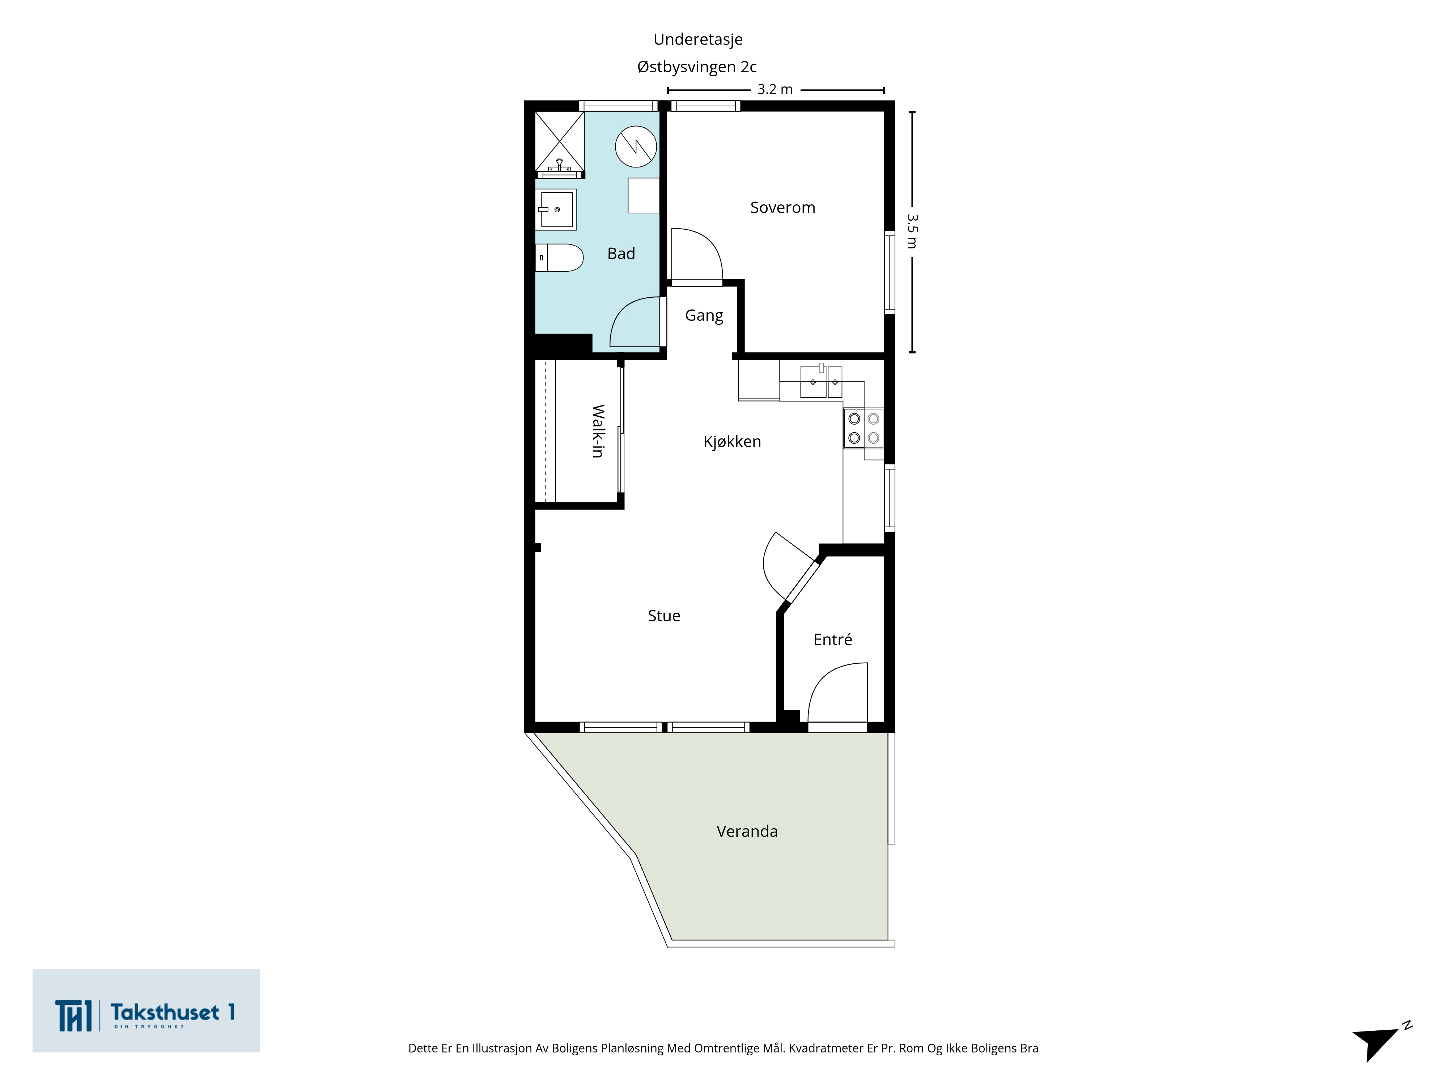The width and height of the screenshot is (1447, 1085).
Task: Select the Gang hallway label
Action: [x=704, y=316]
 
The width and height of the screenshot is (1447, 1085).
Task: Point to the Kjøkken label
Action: [x=732, y=442]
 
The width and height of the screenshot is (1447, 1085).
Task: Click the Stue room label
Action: [x=664, y=616]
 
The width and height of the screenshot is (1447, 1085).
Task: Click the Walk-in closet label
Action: [x=598, y=431]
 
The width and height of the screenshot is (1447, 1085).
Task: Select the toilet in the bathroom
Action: [x=559, y=258]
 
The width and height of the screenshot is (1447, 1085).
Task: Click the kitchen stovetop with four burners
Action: [x=863, y=428]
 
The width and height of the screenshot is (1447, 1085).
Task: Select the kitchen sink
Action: [x=821, y=381]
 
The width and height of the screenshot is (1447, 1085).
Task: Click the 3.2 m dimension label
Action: [x=775, y=90]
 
